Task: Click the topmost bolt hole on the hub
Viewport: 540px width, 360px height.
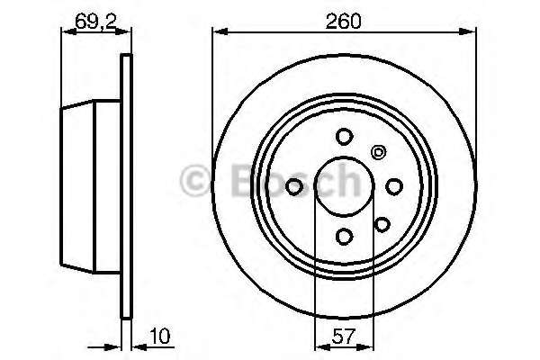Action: [x=344, y=137]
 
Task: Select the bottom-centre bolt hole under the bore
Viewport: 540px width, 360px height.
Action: [x=344, y=235]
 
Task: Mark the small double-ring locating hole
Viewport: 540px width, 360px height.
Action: [x=378, y=151]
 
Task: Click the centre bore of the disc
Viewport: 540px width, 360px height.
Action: [x=344, y=185]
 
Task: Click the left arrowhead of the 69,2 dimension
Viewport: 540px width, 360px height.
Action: [x=64, y=31]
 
